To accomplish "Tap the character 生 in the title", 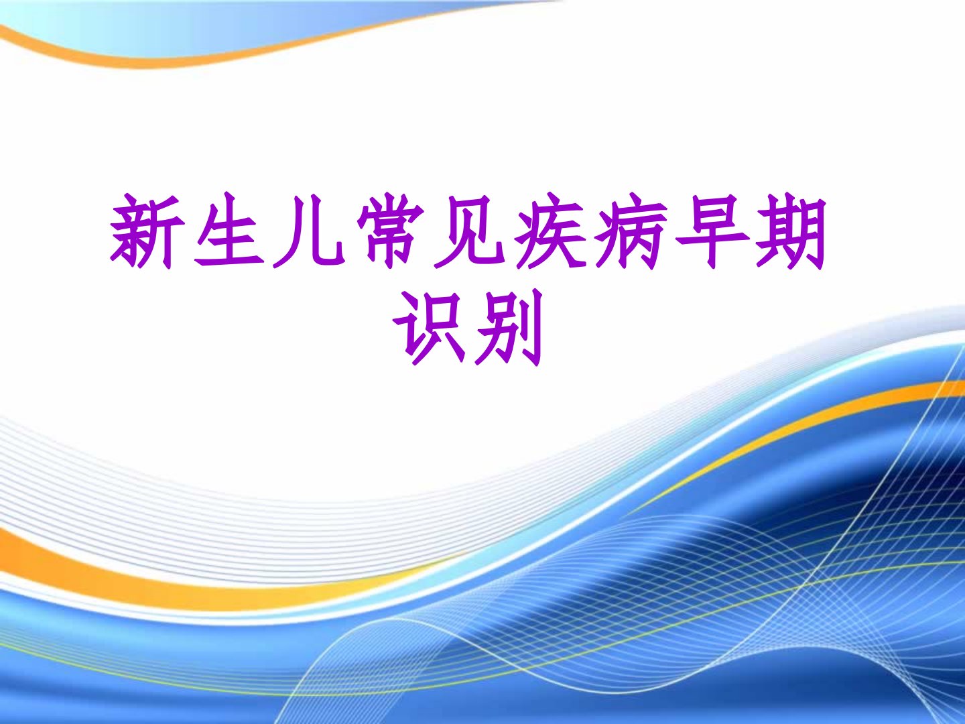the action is tap(229, 229).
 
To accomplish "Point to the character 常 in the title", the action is tap(390, 231).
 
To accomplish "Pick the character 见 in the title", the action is tap(468, 231).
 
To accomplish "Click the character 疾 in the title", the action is tap(550, 231).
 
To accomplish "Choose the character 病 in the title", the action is tap(630, 231).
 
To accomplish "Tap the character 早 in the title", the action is tap(711, 231).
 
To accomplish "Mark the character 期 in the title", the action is tap(791, 231).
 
